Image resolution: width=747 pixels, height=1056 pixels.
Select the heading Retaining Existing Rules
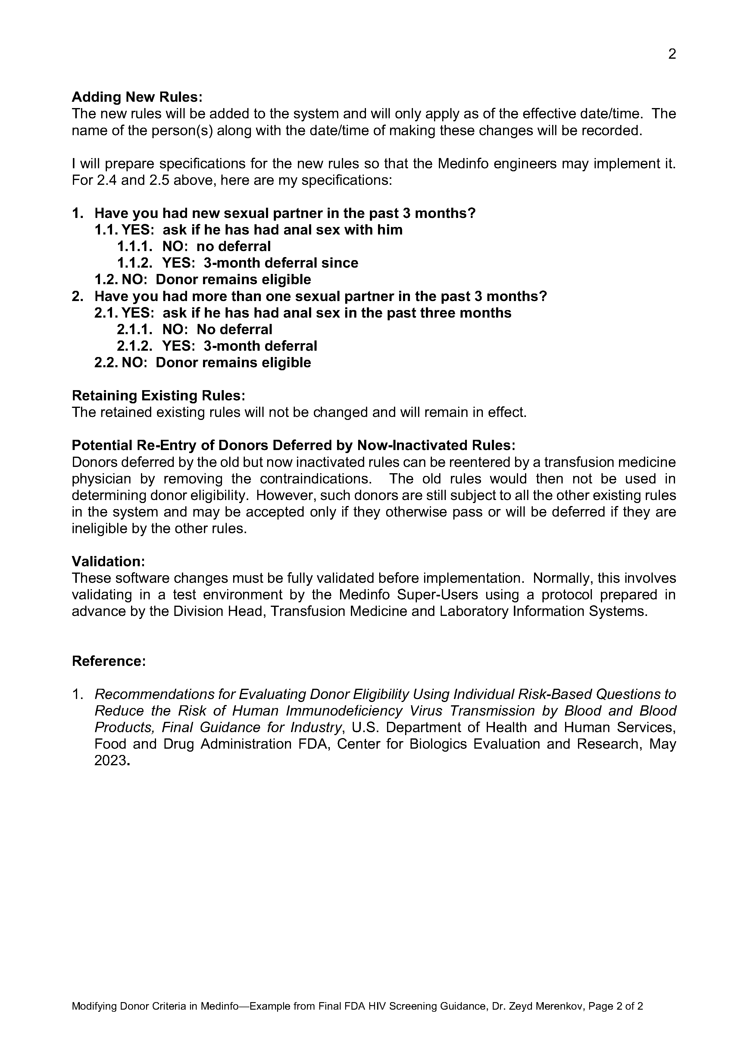pos(158,396)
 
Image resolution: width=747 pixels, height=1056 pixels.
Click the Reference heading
pos(109,661)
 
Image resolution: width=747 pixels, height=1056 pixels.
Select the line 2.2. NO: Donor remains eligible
pos(202,362)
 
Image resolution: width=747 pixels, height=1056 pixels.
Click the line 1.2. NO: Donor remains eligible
pos(202,280)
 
